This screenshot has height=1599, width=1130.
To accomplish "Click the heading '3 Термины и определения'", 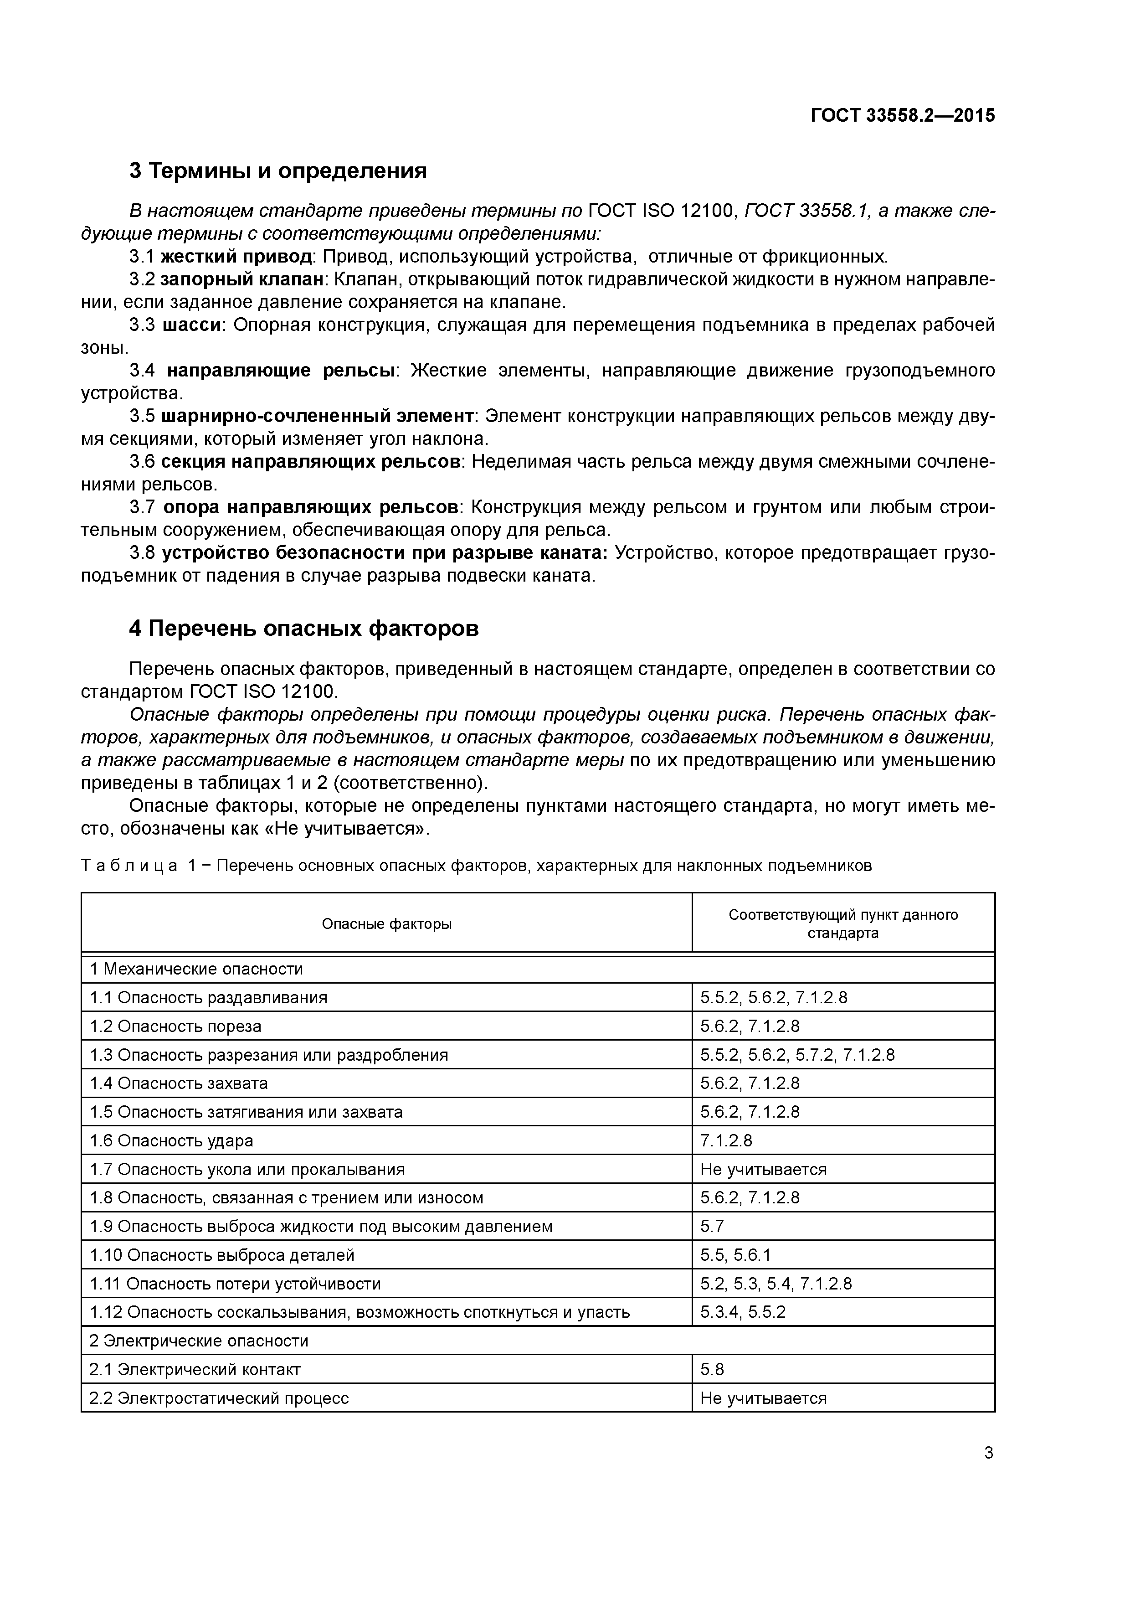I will pyautogui.click(x=278, y=170).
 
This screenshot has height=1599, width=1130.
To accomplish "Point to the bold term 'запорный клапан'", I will pyautogui.click(x=241, y=280).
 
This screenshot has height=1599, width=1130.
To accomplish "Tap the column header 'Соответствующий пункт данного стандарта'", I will pyautogui.click(x=843, y=924).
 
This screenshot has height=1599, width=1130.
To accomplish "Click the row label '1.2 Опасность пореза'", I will pyautogui.click(x=175, y=1026).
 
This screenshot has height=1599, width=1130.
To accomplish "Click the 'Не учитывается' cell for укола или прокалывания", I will pyautogui.click(x=763, y=1169).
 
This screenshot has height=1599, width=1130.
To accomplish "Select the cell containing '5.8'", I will pyautogui.click(x=712, y=1370).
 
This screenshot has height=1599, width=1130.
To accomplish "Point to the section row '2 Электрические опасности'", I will pyautogui.click(x=198, y=1341).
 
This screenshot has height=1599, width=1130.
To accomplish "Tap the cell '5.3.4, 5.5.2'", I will pyautogui.click(x=743, y=1312).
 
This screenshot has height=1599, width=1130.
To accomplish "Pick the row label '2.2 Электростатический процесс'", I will pyautogui.click(x=219, y=1398).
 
